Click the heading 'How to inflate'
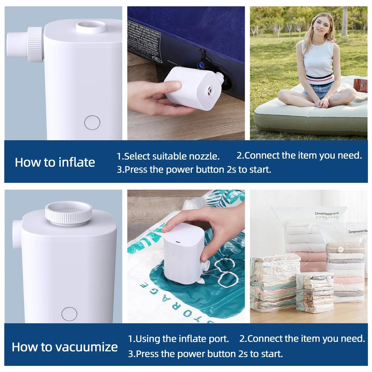[x=55, y=162]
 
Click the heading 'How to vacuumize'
[x=65, y=347]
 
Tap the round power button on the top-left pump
[x=92, y=122]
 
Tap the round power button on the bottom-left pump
[x=69, y=314]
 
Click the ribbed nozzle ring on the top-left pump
[x=36, y=44]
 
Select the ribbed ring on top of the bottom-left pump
[x=68, y=213]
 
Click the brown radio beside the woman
[x=361, y=85]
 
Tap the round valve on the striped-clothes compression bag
[x=340, y=249]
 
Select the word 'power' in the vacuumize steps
[x=196, y=353]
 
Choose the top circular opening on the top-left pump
[x=91, y=27]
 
